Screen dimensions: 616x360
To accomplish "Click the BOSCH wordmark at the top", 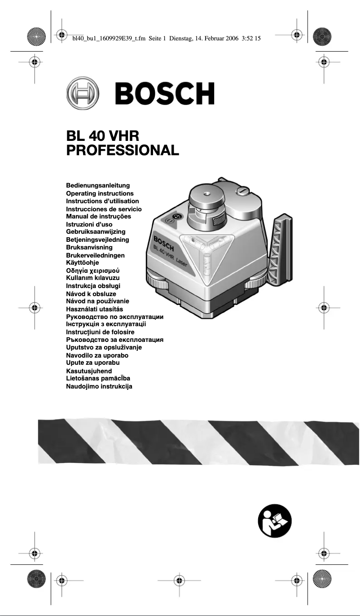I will [165, 93].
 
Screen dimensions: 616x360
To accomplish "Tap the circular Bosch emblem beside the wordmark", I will [83, 93].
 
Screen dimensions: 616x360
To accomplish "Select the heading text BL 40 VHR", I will [103, 135].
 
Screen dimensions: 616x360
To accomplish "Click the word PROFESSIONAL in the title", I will [123, 150].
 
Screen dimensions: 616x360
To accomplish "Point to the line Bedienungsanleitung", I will [98, 185].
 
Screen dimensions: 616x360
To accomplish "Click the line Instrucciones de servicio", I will [104, 209].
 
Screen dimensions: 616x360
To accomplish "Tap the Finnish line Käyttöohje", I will [83, 263].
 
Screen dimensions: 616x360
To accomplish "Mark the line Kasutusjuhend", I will [89, 371].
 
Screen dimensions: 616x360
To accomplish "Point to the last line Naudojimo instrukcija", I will [99, 386].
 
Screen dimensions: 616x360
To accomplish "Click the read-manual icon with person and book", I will [275, 521].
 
